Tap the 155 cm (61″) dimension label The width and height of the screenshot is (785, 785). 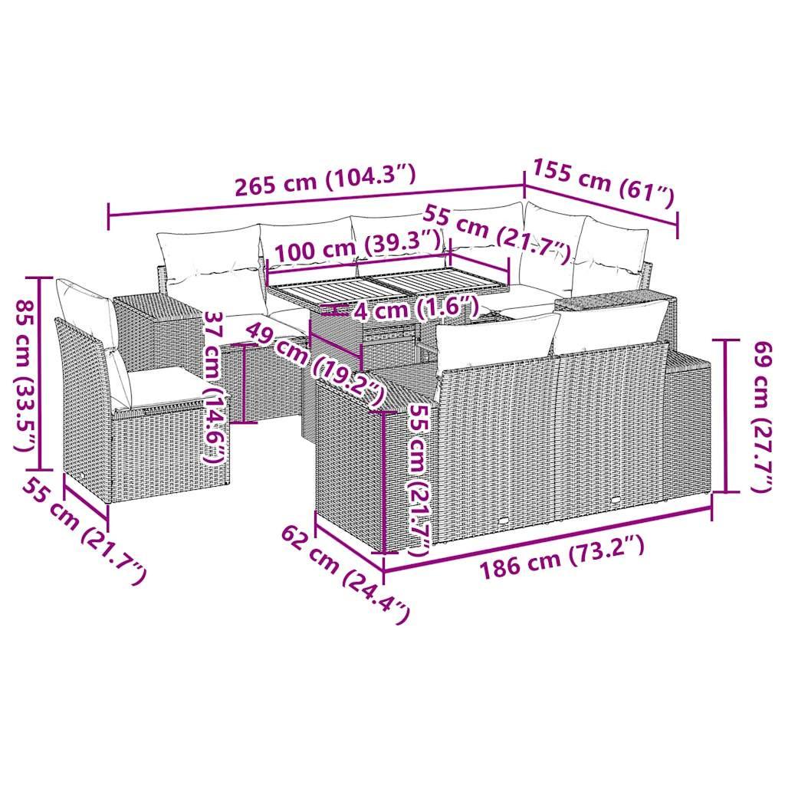603,184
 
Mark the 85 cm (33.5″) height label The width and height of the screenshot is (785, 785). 24,373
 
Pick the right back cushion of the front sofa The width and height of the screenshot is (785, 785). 609,326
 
